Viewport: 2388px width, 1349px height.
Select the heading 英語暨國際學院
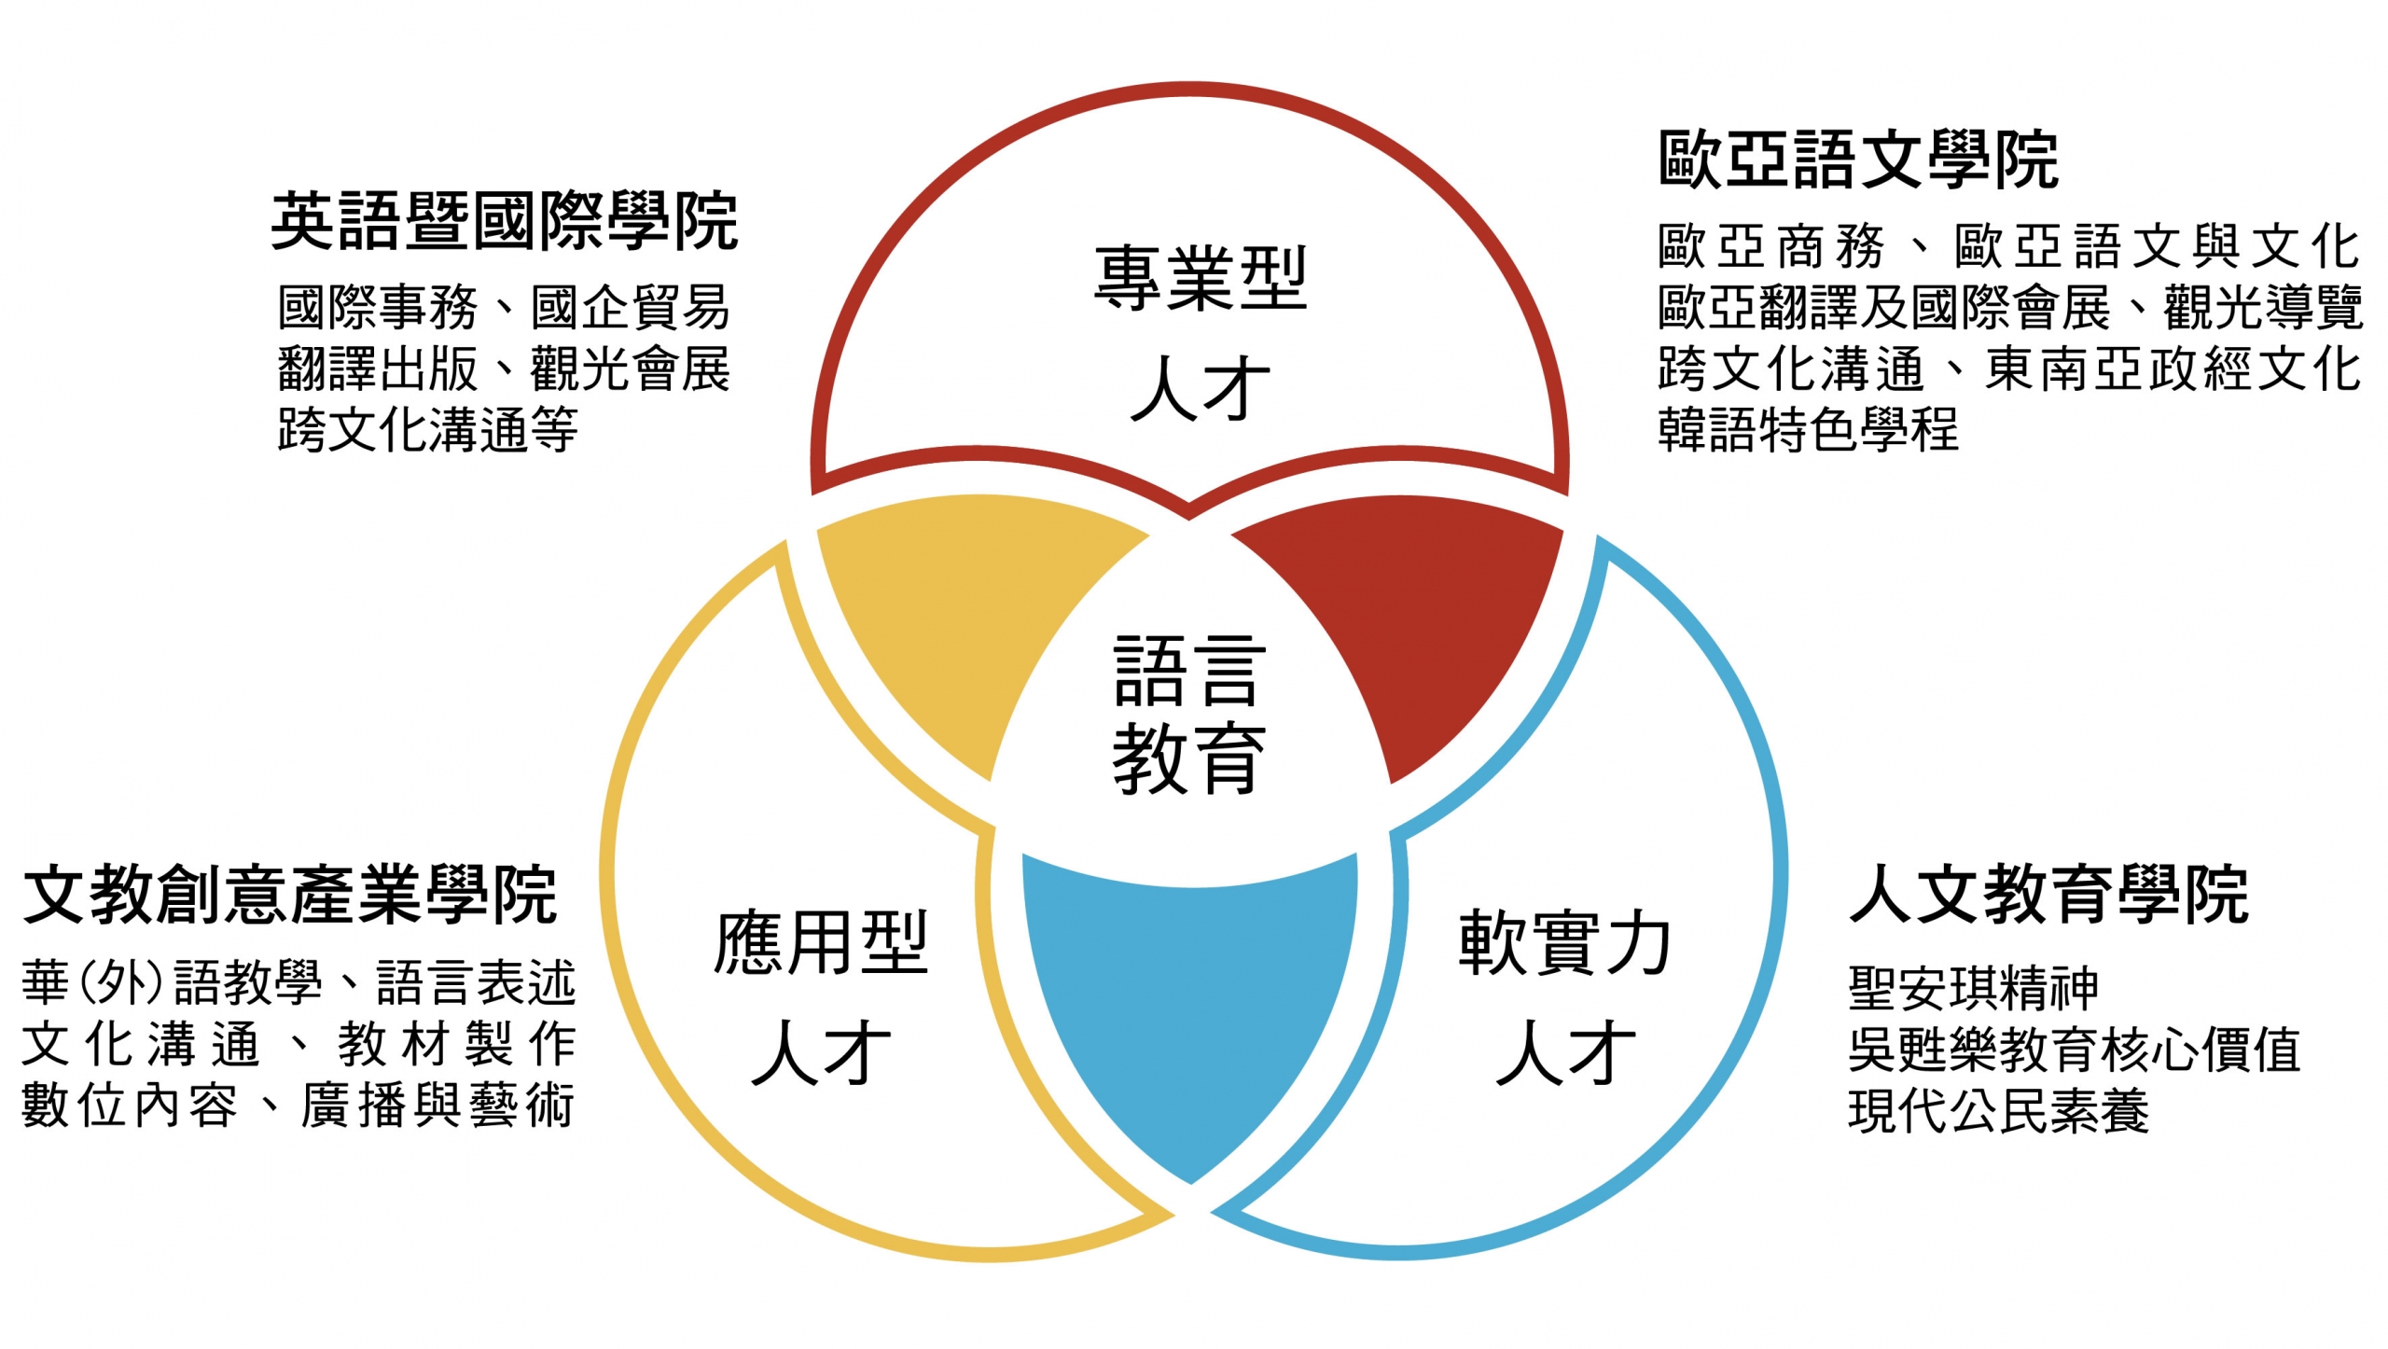505,222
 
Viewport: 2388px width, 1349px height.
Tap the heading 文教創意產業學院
290,895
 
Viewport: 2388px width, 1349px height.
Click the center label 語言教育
1189,714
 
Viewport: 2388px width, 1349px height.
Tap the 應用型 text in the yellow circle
821,943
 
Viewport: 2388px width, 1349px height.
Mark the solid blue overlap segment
1189,1008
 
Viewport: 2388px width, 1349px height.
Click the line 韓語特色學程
1808,430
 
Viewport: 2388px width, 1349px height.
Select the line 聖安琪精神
1973,988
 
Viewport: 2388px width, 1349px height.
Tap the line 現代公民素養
1998,1110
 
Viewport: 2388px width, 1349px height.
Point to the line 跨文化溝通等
427,430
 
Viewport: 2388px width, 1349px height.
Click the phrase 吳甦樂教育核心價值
2074,1050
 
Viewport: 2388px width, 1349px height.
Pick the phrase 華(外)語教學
173,982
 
